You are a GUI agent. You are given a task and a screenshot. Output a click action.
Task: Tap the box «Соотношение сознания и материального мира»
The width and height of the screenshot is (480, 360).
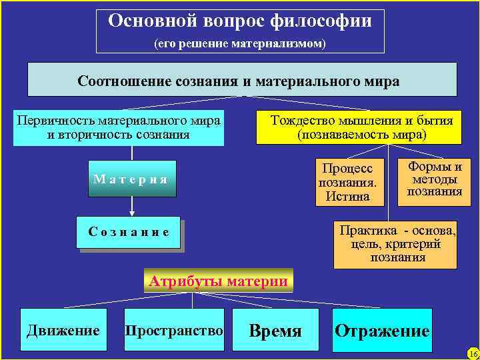tap(242, 81)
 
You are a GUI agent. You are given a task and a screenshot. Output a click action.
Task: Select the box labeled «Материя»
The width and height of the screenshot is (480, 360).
tap(132, 179)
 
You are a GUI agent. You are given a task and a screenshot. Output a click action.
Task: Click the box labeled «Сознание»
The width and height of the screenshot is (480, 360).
tap(129, 233)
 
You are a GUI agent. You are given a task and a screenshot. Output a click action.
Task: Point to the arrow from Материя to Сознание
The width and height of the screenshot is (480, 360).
tap(132, 207)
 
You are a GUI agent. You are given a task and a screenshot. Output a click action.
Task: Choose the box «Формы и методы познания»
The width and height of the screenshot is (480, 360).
tap(434, 179)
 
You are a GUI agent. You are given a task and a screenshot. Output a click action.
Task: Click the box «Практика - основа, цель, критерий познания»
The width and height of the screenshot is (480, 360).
tap(395, 244)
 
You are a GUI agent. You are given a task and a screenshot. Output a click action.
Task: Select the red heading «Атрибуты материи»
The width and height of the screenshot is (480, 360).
tap(219, 281)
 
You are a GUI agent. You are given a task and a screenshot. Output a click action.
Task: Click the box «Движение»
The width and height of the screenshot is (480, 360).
tap(63, 331)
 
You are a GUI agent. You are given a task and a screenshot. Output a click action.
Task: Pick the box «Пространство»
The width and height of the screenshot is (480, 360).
tap(175, 331)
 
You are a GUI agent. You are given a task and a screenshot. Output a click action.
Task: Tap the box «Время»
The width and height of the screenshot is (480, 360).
tap(275, 331)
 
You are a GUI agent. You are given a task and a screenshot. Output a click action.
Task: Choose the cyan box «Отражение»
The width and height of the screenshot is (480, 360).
tap(382, 331)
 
